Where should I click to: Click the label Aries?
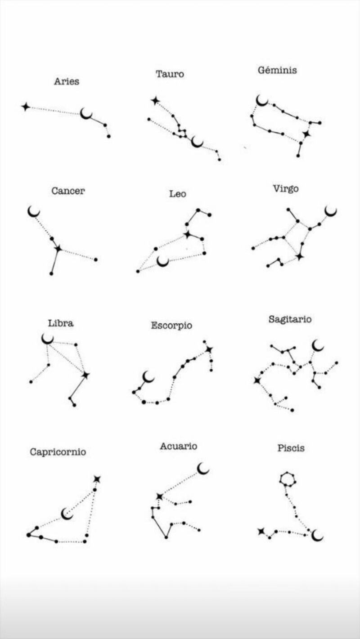[67, 81]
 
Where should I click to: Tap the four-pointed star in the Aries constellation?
[26, 107]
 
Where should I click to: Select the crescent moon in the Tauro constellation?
[197, 142]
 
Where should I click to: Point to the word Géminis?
[277, 70]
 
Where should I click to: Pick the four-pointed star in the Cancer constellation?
[58, 248]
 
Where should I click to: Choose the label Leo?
[178, 194]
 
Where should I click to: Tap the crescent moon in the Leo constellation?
[163, 261]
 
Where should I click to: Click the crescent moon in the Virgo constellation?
[331, 210]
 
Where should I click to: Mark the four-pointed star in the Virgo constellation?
[299, 256]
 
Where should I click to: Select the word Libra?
[61, 323]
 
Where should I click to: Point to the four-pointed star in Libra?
[85, 375]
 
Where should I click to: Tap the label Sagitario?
[290, 319]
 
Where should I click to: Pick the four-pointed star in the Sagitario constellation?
[257, 380]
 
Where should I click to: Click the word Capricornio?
[58, 452]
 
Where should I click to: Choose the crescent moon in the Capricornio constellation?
[67, 514]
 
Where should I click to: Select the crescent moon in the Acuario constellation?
[203, 469]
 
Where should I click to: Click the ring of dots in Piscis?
[287, 478]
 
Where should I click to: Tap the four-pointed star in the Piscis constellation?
[261, 532]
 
